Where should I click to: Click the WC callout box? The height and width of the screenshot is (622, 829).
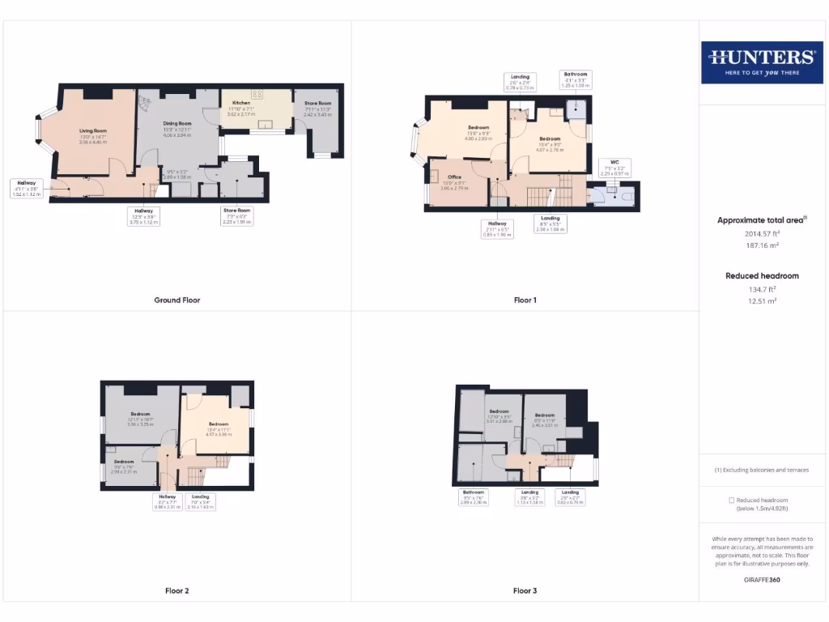pyautogui.click(x=613, y=168)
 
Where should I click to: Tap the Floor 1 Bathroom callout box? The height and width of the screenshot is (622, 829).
pyautogui.click(x=576, y=79)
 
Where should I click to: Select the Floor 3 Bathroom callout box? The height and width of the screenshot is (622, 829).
pyautogui.click(x=473, y=497)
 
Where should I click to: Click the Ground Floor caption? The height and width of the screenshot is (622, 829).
pyautogui.click(x=177, y=300)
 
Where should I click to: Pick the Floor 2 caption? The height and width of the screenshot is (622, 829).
pyautogui.click(x=177, y=591)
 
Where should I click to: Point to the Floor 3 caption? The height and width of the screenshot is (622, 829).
pyautogui.click(x=525, y=591)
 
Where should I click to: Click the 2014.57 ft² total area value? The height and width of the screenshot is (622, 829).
pyautogui.click(x=762, y=233)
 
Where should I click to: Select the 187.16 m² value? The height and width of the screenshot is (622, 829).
pyautogui.click(x=761, y=245)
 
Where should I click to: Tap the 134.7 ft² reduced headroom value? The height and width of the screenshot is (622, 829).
pyautogui.click(x=761, y=288)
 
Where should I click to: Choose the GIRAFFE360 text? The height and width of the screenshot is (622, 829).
pyautogui.click(x=761, y=580)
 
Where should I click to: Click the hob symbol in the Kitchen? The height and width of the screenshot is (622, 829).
pyautogui.click(x=257, y=94)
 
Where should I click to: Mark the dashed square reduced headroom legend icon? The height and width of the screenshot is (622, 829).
pyautogui.click(x=732, y=501)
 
